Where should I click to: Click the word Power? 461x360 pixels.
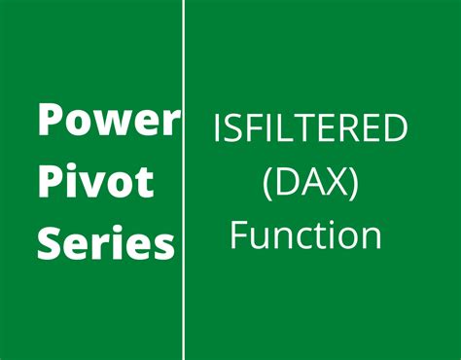click(x=108, y=122)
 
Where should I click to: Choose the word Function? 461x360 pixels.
click(x=304, y=234)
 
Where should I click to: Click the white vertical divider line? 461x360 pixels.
click(x=183, y=180)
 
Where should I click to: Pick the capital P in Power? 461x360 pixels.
click(x=50, y=121)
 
